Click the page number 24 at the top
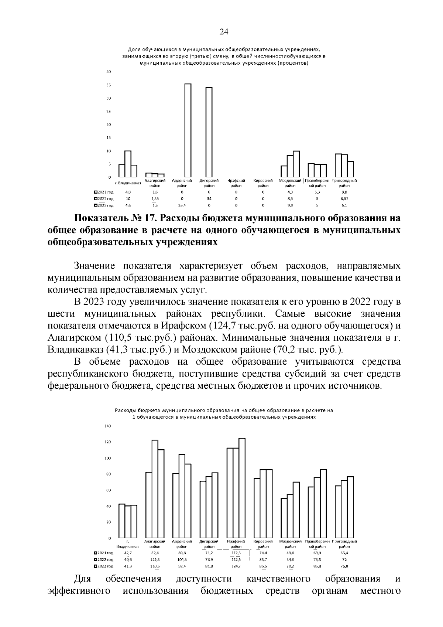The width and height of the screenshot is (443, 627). pyautogui.click(x=224, y=32)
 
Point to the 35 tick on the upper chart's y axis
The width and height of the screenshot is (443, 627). pyautogui.click(x=109, y=85)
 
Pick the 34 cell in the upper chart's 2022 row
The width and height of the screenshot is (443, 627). pyautogui.click(x=209, y=198)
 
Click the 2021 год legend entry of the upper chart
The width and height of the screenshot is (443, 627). pyautogui.click(x=104, y=192)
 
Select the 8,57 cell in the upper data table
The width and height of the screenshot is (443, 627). pyautogui.click(x=344, y=198)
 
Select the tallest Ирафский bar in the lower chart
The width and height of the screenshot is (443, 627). pyautogui.click(x=242, y=488)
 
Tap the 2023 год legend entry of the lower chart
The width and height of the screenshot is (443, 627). pyautogui.click(x=104, y=566)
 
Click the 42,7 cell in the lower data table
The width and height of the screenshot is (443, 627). pyautogui.click(x=128, y=553)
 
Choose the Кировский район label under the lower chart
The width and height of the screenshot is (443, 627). pyautogui.click(x=263, y=543)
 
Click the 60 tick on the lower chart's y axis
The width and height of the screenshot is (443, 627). pyautogui.click(x=109, y=490)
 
